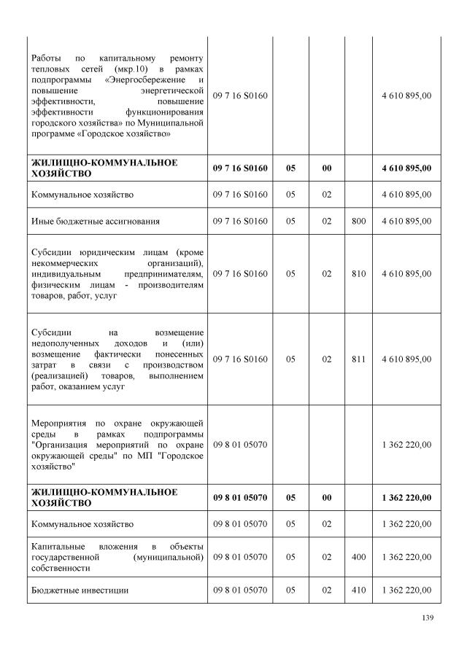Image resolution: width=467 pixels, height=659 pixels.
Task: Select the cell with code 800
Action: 358,220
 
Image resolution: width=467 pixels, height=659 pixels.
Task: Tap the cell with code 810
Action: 358,274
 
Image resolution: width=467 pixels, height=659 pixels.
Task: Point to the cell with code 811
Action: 358,359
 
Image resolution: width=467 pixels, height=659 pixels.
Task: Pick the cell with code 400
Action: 358,557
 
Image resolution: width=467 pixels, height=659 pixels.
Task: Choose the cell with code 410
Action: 358,590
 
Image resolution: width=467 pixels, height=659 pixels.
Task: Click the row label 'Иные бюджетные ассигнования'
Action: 95,220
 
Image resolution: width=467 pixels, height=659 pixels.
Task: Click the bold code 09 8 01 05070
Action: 241,498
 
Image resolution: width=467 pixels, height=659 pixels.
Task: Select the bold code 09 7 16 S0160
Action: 241,168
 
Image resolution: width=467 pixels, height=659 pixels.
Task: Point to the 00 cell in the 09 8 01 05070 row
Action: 327,498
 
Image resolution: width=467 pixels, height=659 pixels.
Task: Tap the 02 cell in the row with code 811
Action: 327,359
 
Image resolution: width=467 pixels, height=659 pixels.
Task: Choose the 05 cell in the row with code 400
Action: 291,557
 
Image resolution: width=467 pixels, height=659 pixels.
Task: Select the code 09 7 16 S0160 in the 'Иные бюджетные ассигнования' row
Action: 241,220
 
